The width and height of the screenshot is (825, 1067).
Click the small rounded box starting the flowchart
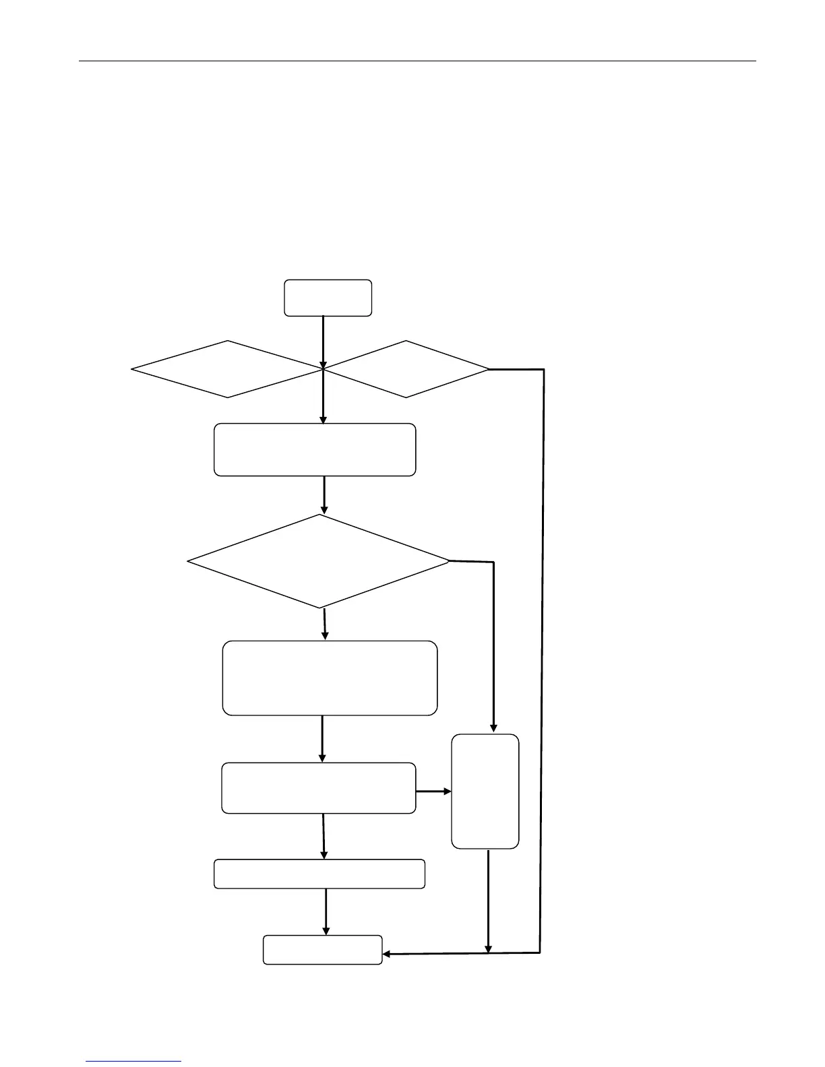(328, 298)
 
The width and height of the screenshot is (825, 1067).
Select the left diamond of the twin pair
(227, 369)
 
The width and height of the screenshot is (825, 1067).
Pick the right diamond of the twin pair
(406, 369)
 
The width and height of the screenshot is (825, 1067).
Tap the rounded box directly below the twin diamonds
(315, 450)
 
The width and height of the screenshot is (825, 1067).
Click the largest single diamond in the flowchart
(318, 561)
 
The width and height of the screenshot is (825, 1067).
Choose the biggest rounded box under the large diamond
(330, 678)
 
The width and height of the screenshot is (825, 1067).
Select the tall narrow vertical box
(485, 791)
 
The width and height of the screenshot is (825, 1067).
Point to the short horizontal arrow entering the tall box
(433, 791)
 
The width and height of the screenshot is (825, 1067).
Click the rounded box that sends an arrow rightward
(318, 788)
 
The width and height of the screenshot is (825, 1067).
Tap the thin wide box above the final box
(319, 874)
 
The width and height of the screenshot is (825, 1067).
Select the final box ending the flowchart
(322, 950)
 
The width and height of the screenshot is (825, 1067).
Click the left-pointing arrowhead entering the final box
(387, 954)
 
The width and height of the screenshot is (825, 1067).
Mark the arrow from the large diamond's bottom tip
(325, 624)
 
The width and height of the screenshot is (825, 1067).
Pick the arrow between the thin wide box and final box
(326, 911)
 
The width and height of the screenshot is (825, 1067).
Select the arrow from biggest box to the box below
(322, 738)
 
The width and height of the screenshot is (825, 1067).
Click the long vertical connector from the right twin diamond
(542, 660)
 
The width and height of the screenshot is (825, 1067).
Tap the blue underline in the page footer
(134, 1062)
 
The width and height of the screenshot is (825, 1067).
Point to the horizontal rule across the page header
(417, 61)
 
